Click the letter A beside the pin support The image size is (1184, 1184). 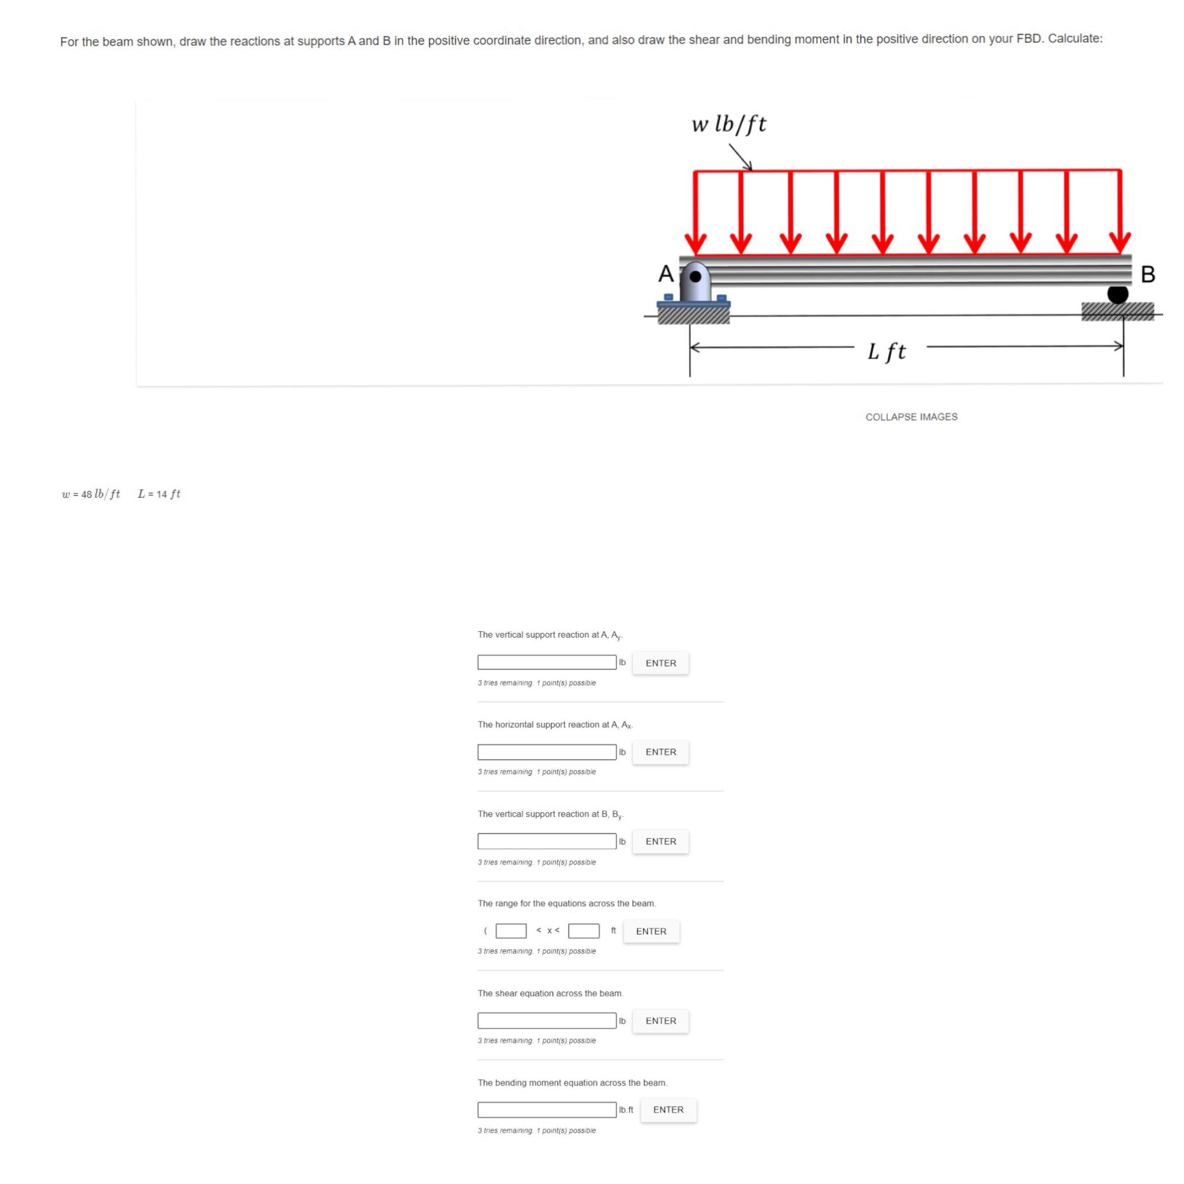tap(665, 273)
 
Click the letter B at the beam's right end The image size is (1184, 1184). tap(1148, 274)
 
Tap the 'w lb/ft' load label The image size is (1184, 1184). tap(728, 124)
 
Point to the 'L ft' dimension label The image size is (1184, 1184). tap(886, 351)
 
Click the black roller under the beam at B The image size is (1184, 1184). tap(1117, 295)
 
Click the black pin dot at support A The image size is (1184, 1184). tap(695, 276)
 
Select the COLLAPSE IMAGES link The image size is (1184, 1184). tap(911, 417)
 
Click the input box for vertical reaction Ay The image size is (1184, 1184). tap(547, 663)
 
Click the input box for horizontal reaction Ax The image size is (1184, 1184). tap(547, 752)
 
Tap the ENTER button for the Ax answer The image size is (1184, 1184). tap(661, 752)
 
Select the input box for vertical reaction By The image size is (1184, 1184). tap(547, 841)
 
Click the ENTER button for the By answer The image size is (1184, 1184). tap(661, 841)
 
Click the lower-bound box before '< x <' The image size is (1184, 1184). tap(510, 931)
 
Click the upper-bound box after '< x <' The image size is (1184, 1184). tap(583, 931)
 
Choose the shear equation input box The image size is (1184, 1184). tap(547, 1020)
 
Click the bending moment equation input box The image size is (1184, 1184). tap(547, 1110)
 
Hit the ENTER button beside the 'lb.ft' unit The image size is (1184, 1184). tap(668, 1110)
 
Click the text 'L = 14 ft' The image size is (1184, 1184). tap(160, 494)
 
